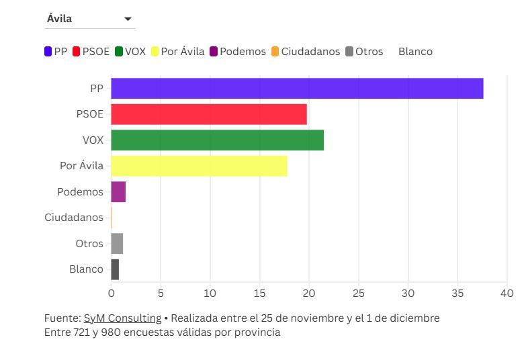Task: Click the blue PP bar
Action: pyautogui.click(x=297, y=89)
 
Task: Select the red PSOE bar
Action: pyautogui.click(x=209, y=114)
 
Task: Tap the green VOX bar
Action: pyautogui.click(x=217, y=140)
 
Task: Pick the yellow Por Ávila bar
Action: pyautogui.click(x=199, y=166)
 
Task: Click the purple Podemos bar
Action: pyautogui.click(x=118, y=192)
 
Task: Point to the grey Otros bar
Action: pyautogui.click(x=117, y=243)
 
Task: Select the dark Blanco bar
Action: pyautogui.click(x=115, y=269)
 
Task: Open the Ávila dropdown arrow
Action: pyautogui.click(x=128, y=19)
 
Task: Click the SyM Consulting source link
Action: pyautogui.click(x=122, y=318)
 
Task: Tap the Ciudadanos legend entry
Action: pyautogui.click(x=306, y=52)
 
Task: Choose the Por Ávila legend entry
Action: pyautogui.click(x=177, y=52)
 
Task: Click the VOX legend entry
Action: pyautogui.click(x=130, y=52)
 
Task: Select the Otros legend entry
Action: pyautogui.click(x=364, y=52)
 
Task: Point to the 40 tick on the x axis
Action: pyautogui.click(x=507, y=294)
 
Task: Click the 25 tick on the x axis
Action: pyautogui.click(x=358, y=294)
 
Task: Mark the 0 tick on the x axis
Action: pyautogui.click(x=111, y=294)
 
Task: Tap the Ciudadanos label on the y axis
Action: pyautogui.click(x=74, y=218)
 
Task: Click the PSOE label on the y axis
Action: pyautogui.click(x=90, y=114)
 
